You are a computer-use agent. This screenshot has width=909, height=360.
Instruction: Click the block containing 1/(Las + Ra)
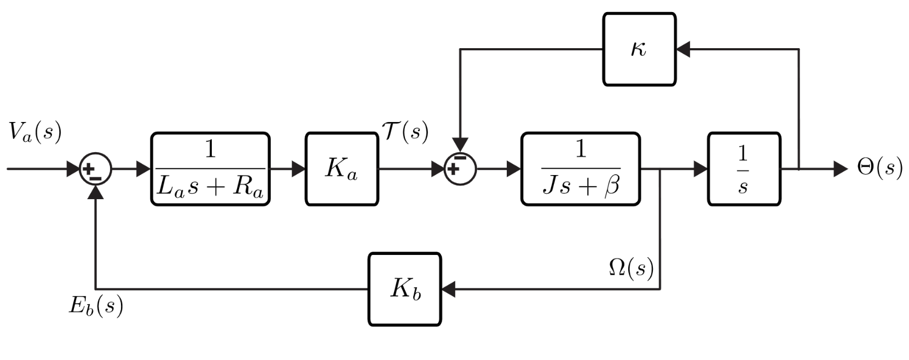[x=210, y=169]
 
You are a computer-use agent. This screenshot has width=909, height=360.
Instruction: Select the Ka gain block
[x=341, y=169]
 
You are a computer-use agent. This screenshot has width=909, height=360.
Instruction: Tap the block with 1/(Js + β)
[x=580, y=169]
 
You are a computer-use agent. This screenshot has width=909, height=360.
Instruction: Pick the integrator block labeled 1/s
[x=744, y=169]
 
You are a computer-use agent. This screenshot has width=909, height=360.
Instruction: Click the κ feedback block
[x=639, y=49]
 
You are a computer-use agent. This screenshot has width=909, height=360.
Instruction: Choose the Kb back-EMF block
[x=405, y=289]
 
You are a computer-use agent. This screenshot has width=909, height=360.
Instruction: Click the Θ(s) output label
[x=879, y=168]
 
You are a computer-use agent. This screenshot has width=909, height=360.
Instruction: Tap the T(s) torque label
[x=405, y=131]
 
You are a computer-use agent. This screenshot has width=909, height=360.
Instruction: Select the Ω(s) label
[x=631, y=268]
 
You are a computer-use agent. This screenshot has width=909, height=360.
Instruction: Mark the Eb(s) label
[x=96, y=306]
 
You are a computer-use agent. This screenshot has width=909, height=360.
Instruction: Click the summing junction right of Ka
[x=460, y=169]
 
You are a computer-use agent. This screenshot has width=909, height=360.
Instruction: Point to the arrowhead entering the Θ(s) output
[x=840, y=169]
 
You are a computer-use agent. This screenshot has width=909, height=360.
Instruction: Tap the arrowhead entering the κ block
[x=683, y=49]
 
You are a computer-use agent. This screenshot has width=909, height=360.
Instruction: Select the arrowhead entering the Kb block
[x=448, y=289]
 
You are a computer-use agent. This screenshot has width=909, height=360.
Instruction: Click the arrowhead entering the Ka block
[x=298, y=169]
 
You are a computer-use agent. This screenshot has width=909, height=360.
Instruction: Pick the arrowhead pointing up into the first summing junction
[x=96, y=191]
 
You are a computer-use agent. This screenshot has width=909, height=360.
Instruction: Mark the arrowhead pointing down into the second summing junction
[x=460, y=146]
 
